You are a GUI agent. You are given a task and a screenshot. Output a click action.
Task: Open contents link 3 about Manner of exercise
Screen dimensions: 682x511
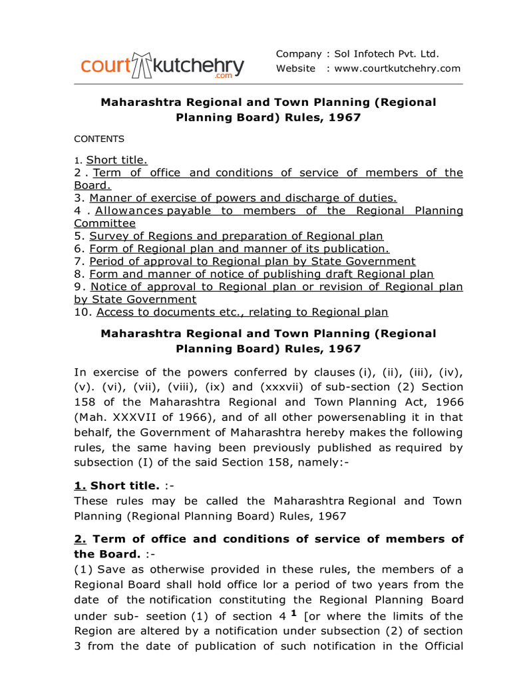click(243, 198)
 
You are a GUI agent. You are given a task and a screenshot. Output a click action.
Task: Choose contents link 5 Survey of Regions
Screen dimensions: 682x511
click(236, 236)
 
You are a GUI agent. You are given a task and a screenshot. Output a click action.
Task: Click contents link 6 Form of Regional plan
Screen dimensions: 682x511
click(239, 248)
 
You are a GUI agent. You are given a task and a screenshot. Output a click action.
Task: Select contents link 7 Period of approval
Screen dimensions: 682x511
click(252, 261)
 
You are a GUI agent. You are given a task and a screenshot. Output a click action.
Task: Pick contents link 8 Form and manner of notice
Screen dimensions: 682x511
click(261, 274)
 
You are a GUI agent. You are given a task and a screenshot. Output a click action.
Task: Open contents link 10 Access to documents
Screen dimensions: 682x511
click(242, 312)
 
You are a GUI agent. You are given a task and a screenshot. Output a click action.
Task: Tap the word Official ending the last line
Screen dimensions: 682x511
click(441, 646)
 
